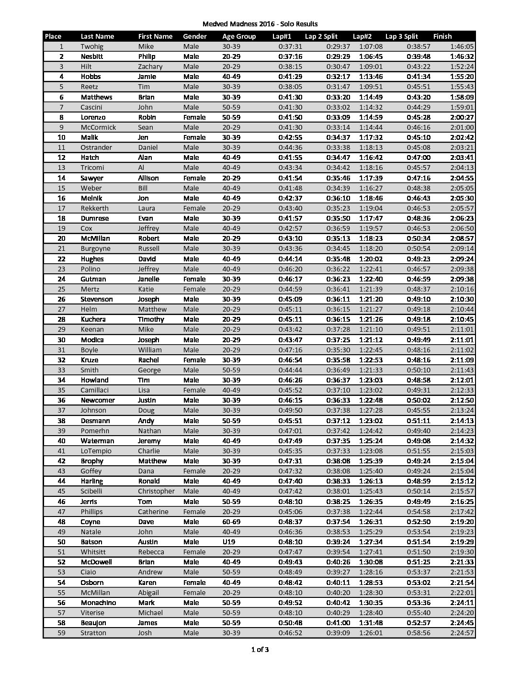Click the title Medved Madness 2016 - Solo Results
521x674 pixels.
tap(260, 24)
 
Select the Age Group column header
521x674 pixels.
tap(239, 36)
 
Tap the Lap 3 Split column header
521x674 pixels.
tap(401, 36)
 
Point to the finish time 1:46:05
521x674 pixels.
tap(462, 46)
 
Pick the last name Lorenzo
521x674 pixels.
tap(93, 117)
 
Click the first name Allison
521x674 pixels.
tap(148, 178)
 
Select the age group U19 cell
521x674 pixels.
tap(229, 542)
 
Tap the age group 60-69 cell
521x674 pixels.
tap(231, 522)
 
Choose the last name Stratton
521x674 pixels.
tap(93, 633)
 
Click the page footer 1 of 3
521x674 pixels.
tap(260, 650)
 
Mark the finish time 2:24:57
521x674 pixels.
tap(462, 633)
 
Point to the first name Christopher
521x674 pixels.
tap(156, 491)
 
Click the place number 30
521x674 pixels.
tap(61, 340)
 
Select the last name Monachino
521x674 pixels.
tap(98, 603)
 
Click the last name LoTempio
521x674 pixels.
tap(96, 451)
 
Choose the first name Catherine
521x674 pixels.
tap(153, 512)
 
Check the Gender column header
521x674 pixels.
tap(195, 36)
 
